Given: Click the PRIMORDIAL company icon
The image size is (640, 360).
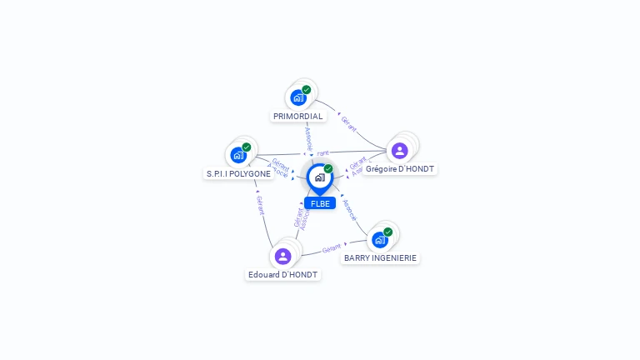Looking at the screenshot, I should coord(298,97).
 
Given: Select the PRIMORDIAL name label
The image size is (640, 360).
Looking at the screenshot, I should coord(298,117).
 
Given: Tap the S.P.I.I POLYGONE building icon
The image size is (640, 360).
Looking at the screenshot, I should coord(238,155).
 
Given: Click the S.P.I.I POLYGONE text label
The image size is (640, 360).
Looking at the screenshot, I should coord(238,174).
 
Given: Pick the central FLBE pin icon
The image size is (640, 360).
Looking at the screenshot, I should coord(319,177).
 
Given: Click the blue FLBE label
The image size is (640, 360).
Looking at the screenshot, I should coord(320,203).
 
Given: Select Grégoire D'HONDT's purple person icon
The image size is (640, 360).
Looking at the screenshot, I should coord(399,150).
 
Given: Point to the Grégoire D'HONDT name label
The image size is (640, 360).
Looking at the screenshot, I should coord(400,169).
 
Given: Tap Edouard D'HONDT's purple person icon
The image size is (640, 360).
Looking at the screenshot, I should coord(282,256).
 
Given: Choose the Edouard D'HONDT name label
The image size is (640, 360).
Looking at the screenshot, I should coord(283,275).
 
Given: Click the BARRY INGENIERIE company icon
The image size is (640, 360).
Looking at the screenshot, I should coord(380,240).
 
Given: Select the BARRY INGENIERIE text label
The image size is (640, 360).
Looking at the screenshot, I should coord(380,258).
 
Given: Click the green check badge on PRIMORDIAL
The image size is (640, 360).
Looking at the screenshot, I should coord(307,90).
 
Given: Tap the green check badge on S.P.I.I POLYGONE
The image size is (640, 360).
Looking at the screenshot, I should coord(247,147).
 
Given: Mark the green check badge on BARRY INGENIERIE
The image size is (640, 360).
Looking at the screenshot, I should coord(388,232).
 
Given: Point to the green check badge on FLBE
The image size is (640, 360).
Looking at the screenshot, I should coord(328,169).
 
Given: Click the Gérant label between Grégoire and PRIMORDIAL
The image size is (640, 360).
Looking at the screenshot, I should coord(348,124).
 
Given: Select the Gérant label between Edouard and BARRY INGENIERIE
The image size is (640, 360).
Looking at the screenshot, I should coord(332,248).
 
